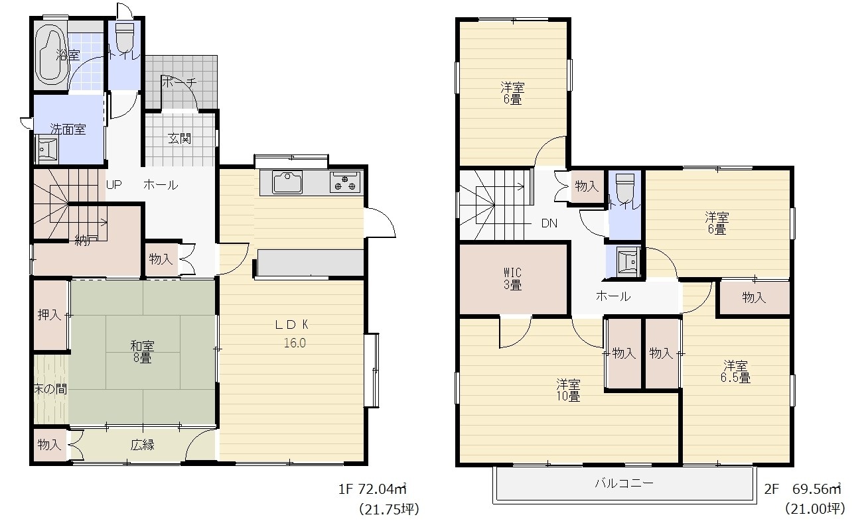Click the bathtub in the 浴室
point(51,56)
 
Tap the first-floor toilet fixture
point(125,37)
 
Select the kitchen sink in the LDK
point(287,182)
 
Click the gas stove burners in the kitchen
point(345,182)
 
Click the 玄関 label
point(180,139)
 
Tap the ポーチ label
point(179,82)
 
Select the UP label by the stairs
point(114,185)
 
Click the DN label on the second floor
point(549,223)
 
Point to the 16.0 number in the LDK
point(295,343)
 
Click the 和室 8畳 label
point(142,352)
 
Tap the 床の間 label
point(50,388)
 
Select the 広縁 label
point(142,445)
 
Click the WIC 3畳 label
point(513,279)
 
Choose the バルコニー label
point(624,483)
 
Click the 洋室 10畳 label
point(568,390)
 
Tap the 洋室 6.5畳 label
point(735,371)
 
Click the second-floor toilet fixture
point(624,186)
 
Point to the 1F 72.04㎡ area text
point(373,489)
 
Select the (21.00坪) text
point(816,509)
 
